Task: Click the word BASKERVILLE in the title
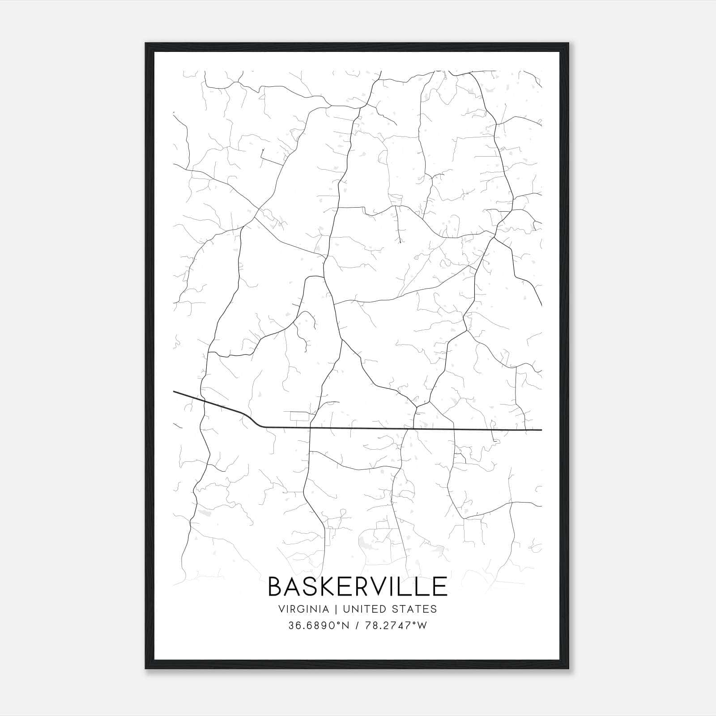(x=357, y=587)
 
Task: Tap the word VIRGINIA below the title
(x=303, y=609)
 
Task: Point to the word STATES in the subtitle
(x=415, y=609)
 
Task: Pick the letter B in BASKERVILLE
(x=276, y=587)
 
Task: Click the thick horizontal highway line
(x=403, y=429)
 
